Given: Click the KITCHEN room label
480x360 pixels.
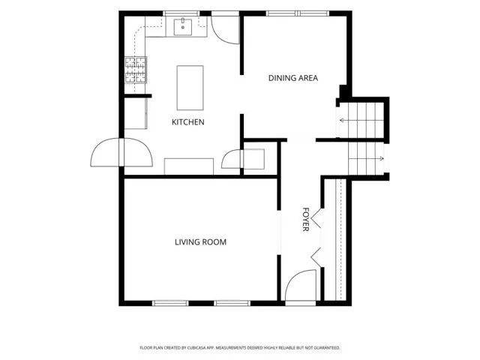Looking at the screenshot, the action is [x=188, y=122].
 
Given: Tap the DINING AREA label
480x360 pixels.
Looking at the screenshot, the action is [x=293, y=78].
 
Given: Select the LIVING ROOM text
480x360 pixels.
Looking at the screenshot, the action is [x=200, y=242].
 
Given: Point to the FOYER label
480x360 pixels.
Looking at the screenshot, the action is [x=305, y=219].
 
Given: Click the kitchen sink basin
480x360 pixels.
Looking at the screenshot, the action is [x=183, y=27].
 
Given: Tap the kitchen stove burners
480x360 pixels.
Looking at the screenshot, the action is [x=136, y=70].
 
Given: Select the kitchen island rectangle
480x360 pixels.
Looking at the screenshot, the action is [x=190, y=88].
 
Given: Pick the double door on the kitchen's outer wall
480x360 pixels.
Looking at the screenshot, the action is [x=121, y=152].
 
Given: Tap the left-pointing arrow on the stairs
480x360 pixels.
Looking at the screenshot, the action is [x=346, y=120].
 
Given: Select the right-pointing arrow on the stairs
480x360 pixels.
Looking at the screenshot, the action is [x=377, y=158].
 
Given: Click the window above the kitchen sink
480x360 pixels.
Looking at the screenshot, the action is [x=181, y=13].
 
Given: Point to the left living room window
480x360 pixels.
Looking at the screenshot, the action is [x=170, y=303].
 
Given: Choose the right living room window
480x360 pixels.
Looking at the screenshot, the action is [x=232, y=303].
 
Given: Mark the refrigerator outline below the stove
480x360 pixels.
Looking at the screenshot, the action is [x=136, y=113].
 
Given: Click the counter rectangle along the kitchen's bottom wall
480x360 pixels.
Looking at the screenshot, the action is [x=189, y=166].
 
